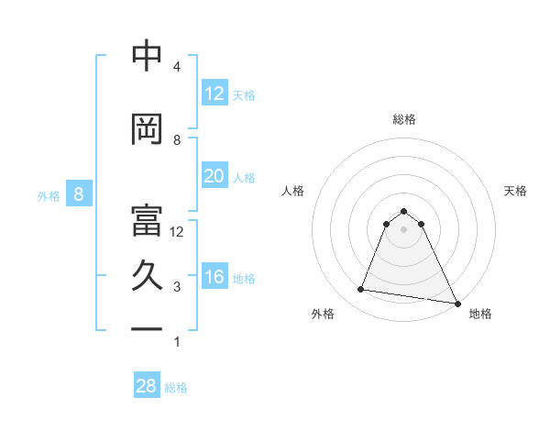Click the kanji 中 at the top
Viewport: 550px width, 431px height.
click(148, 57)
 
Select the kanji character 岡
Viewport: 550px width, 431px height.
click(148, 130)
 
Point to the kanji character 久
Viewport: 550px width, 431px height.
click(148, 276)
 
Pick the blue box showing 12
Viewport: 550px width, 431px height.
click(214, 94)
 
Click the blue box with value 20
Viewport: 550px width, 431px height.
click(214, 176)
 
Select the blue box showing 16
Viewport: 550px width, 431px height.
click(214, 277)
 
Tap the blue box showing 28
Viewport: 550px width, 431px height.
click(147, 386)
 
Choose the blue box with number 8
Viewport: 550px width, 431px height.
click(79, 194)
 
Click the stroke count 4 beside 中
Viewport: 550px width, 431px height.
click(177, 67)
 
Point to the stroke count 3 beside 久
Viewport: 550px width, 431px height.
click(177, 287)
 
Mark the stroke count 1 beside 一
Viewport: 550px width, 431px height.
click(177, 342)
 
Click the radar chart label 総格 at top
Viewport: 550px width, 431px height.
click(404, 119)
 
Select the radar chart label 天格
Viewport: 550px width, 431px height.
click(516, 191)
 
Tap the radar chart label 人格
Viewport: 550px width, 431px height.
click(293, 191)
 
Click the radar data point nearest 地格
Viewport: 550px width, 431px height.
click(457, 304)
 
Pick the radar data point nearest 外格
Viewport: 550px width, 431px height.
click(361, 290)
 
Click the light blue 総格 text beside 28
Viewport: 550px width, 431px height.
click(176, 388)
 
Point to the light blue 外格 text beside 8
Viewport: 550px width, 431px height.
click(48, 195)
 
